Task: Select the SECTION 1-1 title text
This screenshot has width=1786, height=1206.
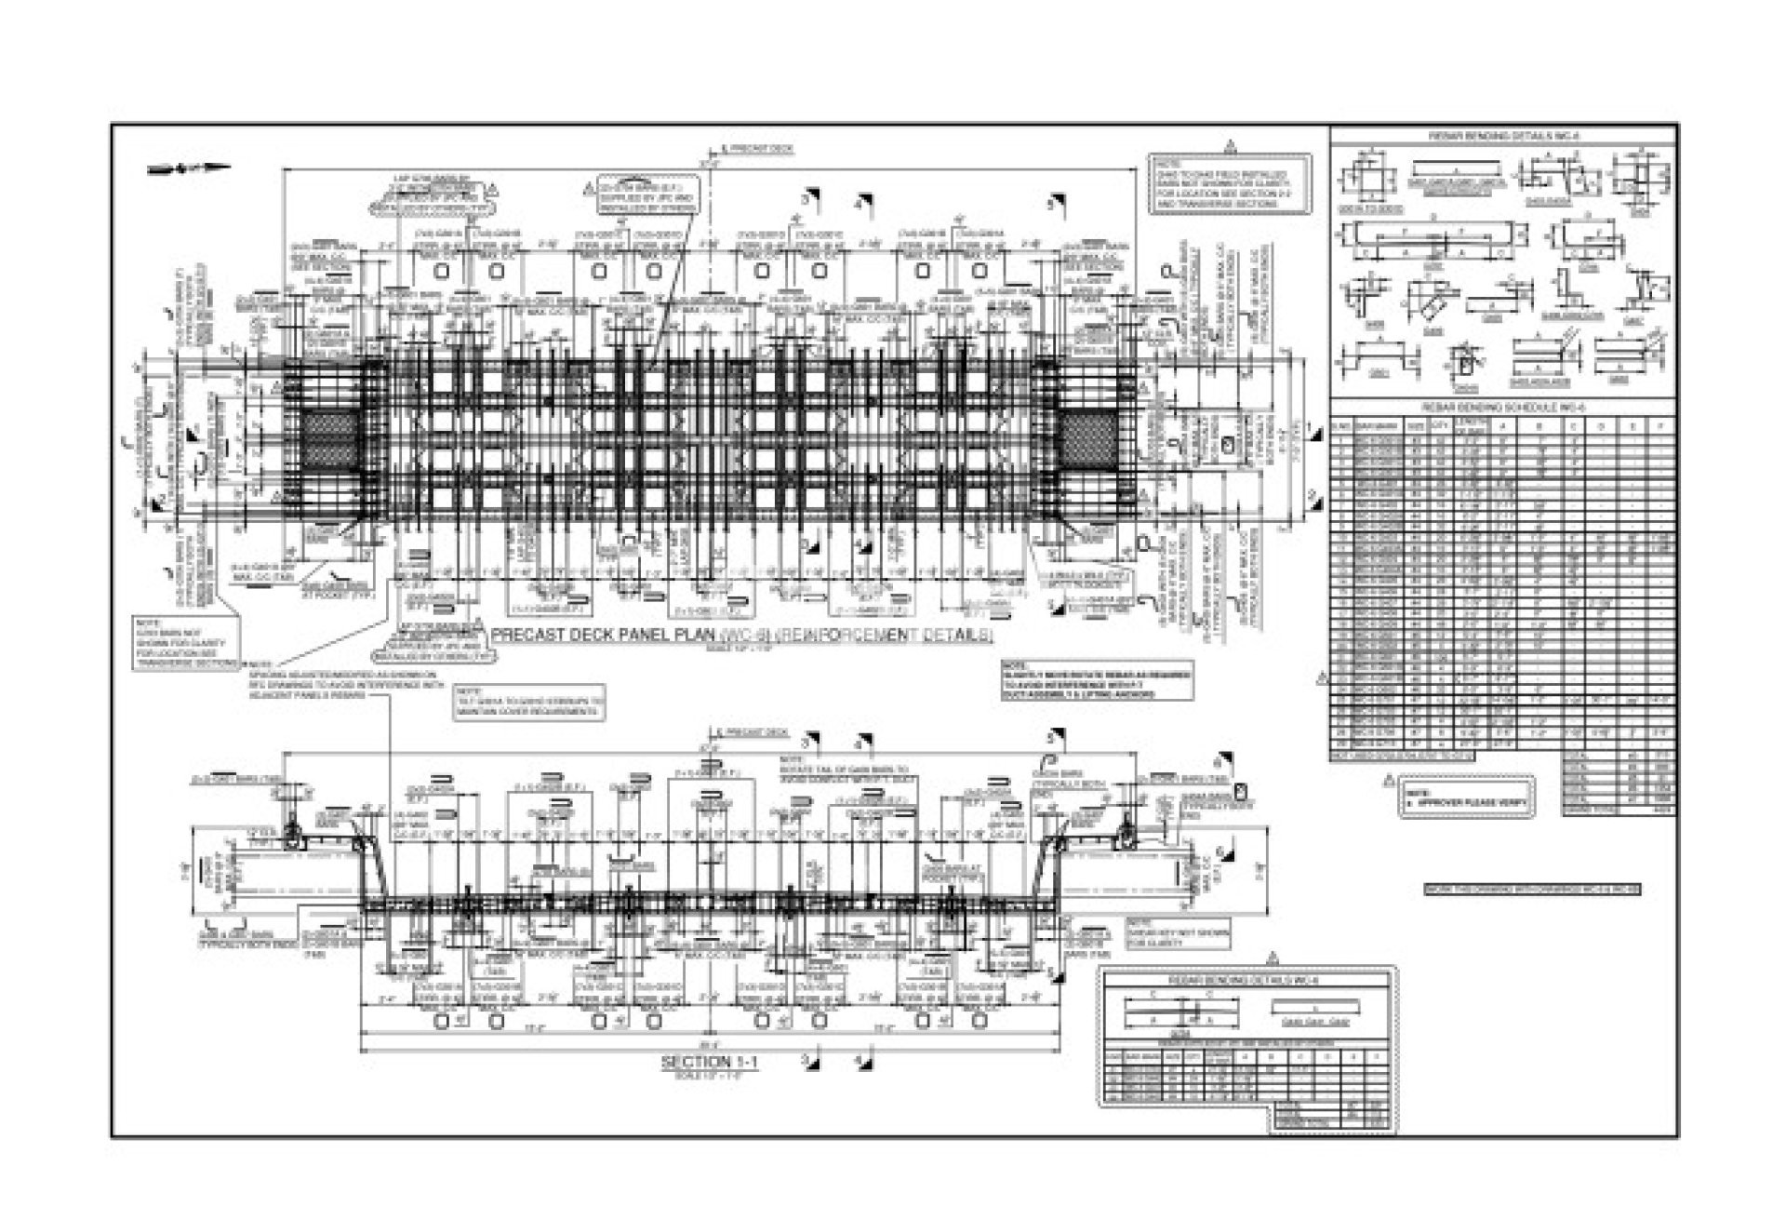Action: point(709,1062)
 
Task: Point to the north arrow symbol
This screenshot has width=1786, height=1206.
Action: point(190,168)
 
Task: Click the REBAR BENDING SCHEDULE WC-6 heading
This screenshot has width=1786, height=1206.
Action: point(1503,408)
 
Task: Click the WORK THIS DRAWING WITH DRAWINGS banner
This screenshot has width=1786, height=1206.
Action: point(1532,890)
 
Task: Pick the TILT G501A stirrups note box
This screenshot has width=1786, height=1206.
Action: point(529,703)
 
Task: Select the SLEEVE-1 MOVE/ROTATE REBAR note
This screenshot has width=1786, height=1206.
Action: point(1097,680)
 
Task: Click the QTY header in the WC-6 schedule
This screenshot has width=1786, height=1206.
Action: point(1441,425)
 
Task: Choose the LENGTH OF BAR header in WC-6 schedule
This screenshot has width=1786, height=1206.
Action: point(1470,426)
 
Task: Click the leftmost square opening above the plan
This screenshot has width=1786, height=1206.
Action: point(441,271)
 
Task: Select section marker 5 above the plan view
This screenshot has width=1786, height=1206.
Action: point(1056,202)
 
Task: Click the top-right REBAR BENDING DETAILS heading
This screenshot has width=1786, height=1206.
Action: point(1503,137)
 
